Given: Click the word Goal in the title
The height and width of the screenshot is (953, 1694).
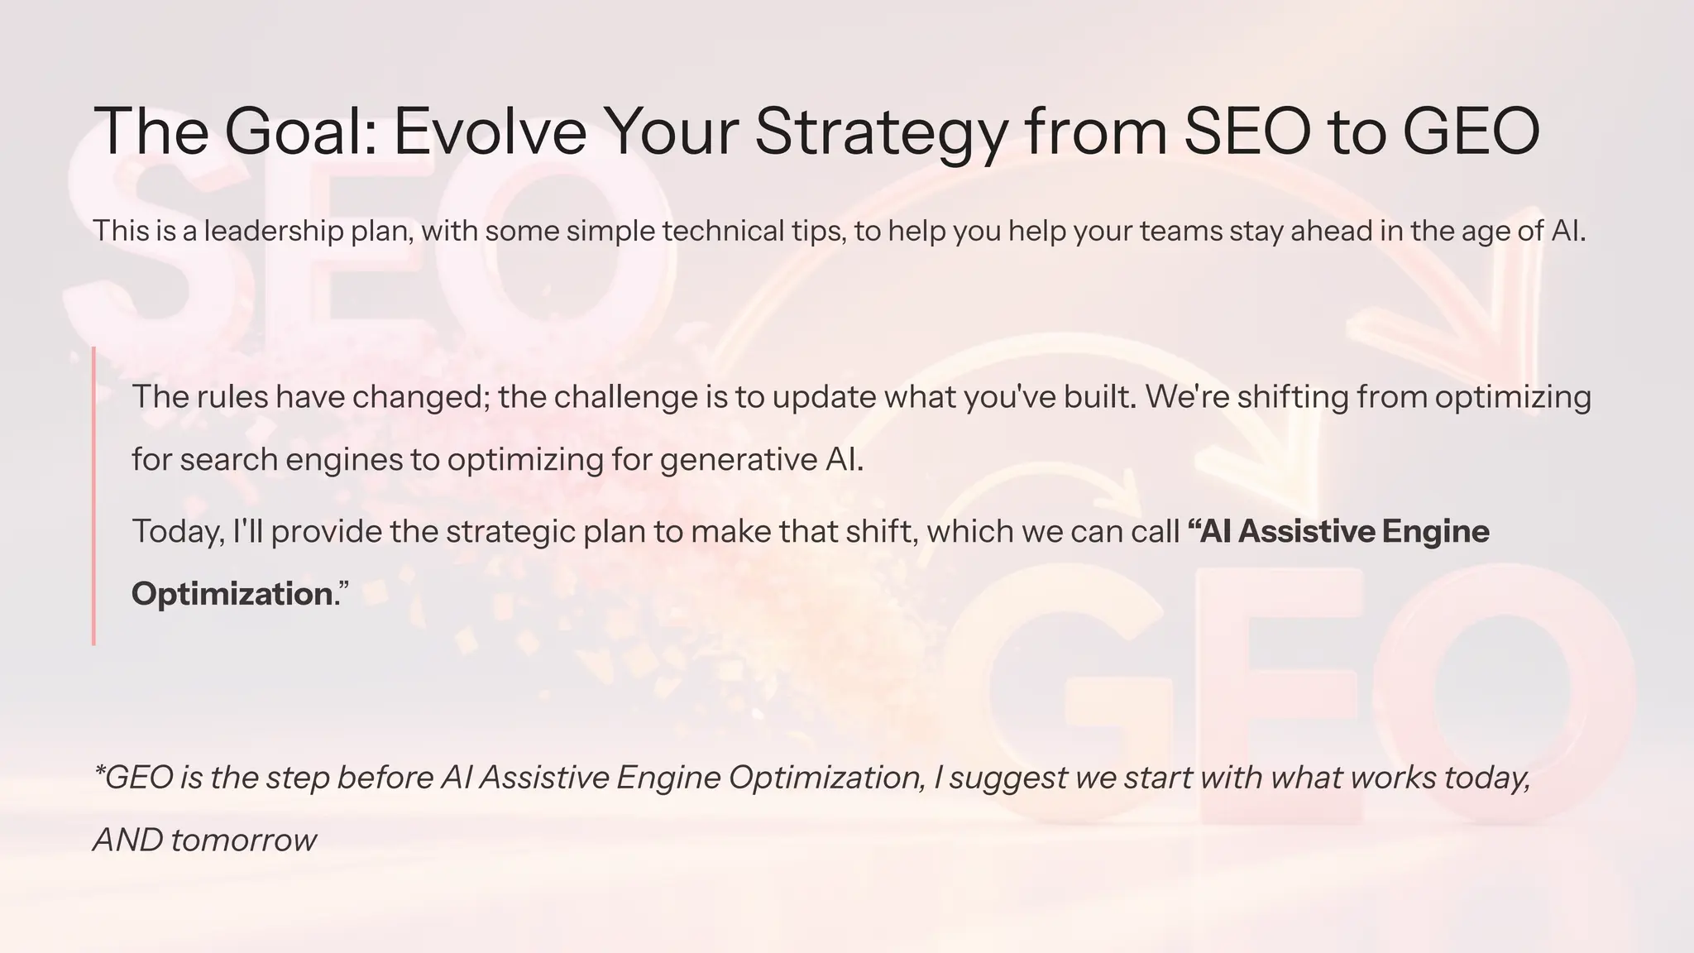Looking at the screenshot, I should pyautogui.click(x=300, y=131).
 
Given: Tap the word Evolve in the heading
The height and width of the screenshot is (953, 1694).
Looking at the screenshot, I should pyautogui.click(x=489, y=131).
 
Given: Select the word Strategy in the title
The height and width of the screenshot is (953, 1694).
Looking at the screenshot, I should pyautogui.click(x=882, y=131).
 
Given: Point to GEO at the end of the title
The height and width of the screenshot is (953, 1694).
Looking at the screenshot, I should pyautogui.click(x=1471, y=131).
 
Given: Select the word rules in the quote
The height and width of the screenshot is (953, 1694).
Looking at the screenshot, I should pyautogui.click(x=232, y=397).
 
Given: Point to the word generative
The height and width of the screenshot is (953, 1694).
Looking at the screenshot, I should pyautogui.click(x=738, y=460).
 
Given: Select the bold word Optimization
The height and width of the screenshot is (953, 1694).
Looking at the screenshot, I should pyautogui.click(x=232, y=594).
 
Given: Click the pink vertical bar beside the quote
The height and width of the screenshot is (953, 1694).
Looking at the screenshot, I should pyautogui.click(x=93, y=496).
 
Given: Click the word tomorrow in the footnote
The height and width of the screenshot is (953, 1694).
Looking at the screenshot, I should pyautogui.click(x=243, y=840).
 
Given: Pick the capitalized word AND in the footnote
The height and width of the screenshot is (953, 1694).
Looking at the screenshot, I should pyautogui.click(x=127, y=840).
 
